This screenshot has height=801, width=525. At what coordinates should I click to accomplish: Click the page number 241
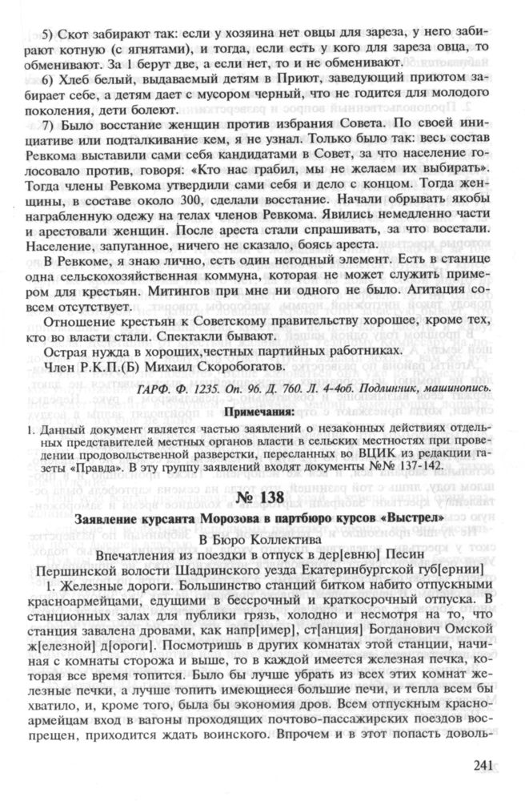coord(486,765)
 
